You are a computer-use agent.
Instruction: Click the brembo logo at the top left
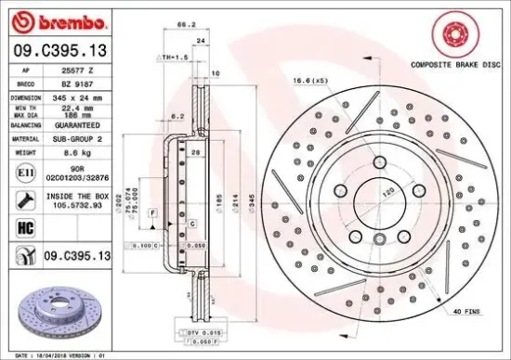click(x=59, y=19)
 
